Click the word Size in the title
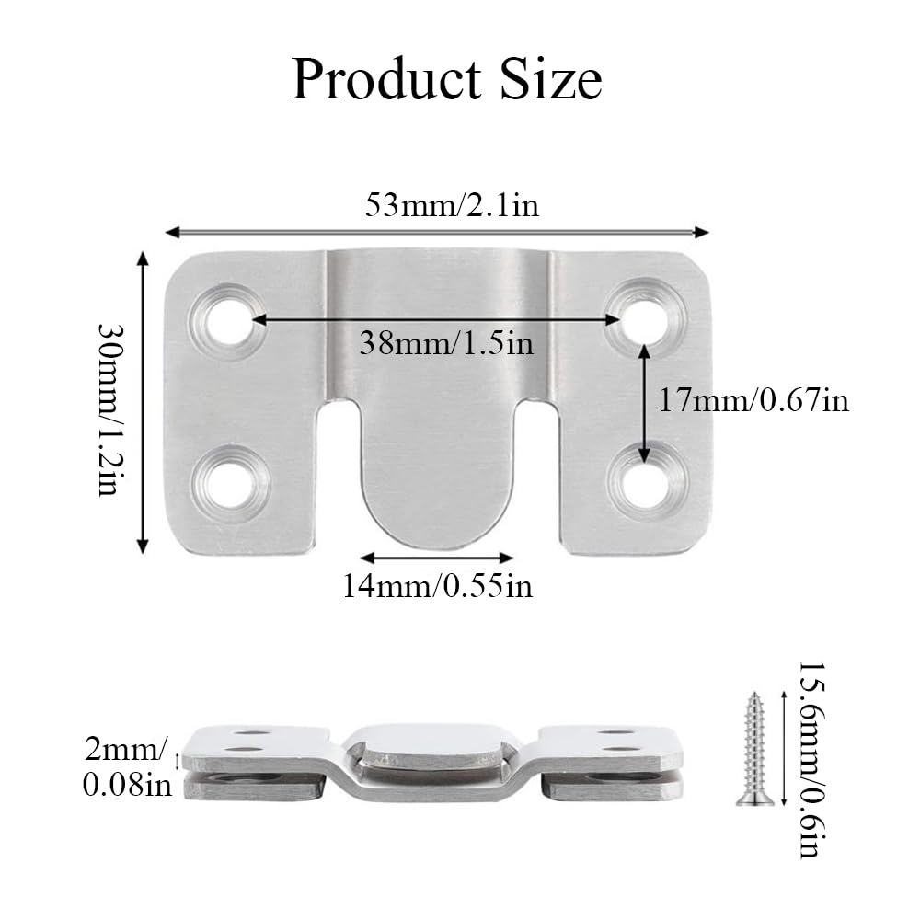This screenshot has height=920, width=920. [x=552, y=79]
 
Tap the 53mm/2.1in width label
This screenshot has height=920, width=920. [x=451, y=204]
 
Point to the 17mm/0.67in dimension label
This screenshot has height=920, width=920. [x=753, y=400]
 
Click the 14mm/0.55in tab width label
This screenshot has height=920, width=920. [x=437, y=585]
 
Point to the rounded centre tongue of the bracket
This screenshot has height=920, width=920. [x=436, y=478]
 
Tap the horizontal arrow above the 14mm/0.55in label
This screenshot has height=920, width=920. [x=436, y=558]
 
